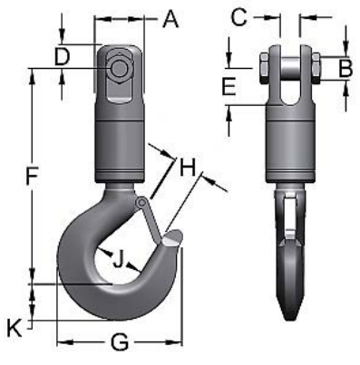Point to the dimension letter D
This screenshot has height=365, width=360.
coord(62,56)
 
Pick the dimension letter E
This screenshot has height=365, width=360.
coord(229,87)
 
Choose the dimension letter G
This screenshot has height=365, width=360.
coord(118,342)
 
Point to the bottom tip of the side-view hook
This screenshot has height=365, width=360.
coord(291,316)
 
